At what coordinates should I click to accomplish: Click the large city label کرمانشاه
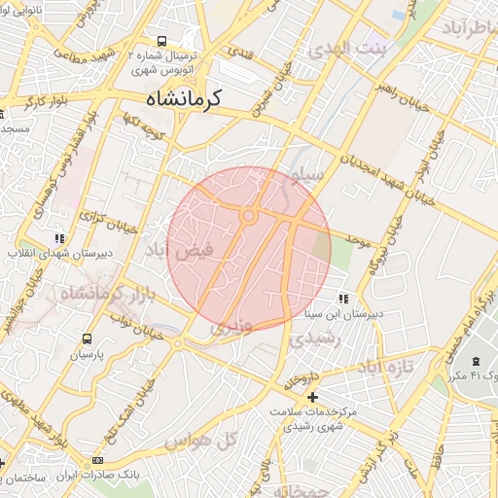click(x=185, y=98)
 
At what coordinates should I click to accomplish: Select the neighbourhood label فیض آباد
click(x=205, y=250)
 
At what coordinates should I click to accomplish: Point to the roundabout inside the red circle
click(x=249, y=216)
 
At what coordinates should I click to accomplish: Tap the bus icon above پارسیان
click(x=89, y=339)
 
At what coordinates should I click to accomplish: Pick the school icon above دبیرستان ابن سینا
click(x=342, y=299)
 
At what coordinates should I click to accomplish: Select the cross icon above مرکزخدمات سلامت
click(x=312, y=397)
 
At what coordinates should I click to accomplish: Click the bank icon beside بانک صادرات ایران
click(x=97, y=460)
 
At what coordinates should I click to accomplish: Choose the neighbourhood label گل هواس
click(x=215, y=441)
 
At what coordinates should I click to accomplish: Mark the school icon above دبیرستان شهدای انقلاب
click(x=59, y=237)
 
